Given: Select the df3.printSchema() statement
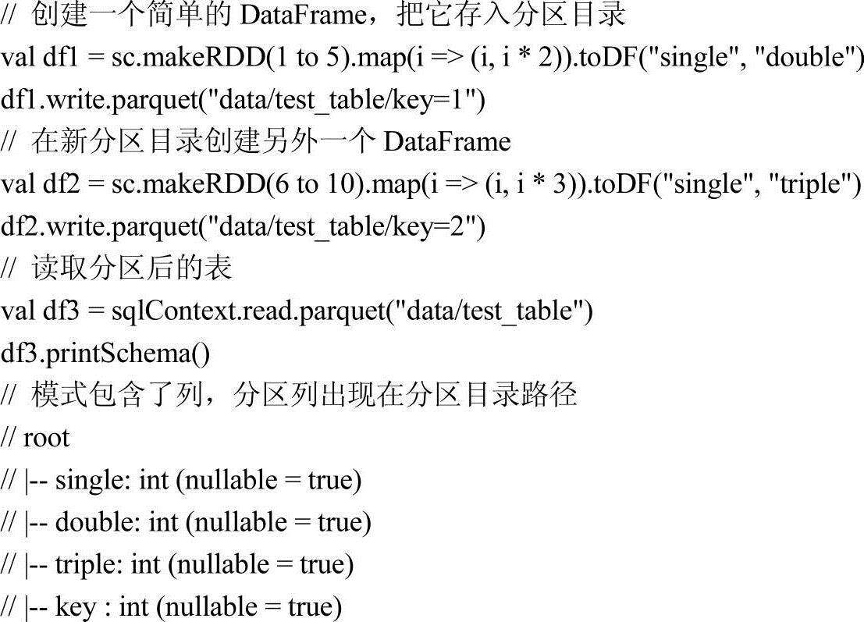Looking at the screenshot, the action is pos(105,354).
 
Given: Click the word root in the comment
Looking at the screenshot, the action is pos(46,438).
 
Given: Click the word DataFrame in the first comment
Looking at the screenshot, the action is pos(301,15).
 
